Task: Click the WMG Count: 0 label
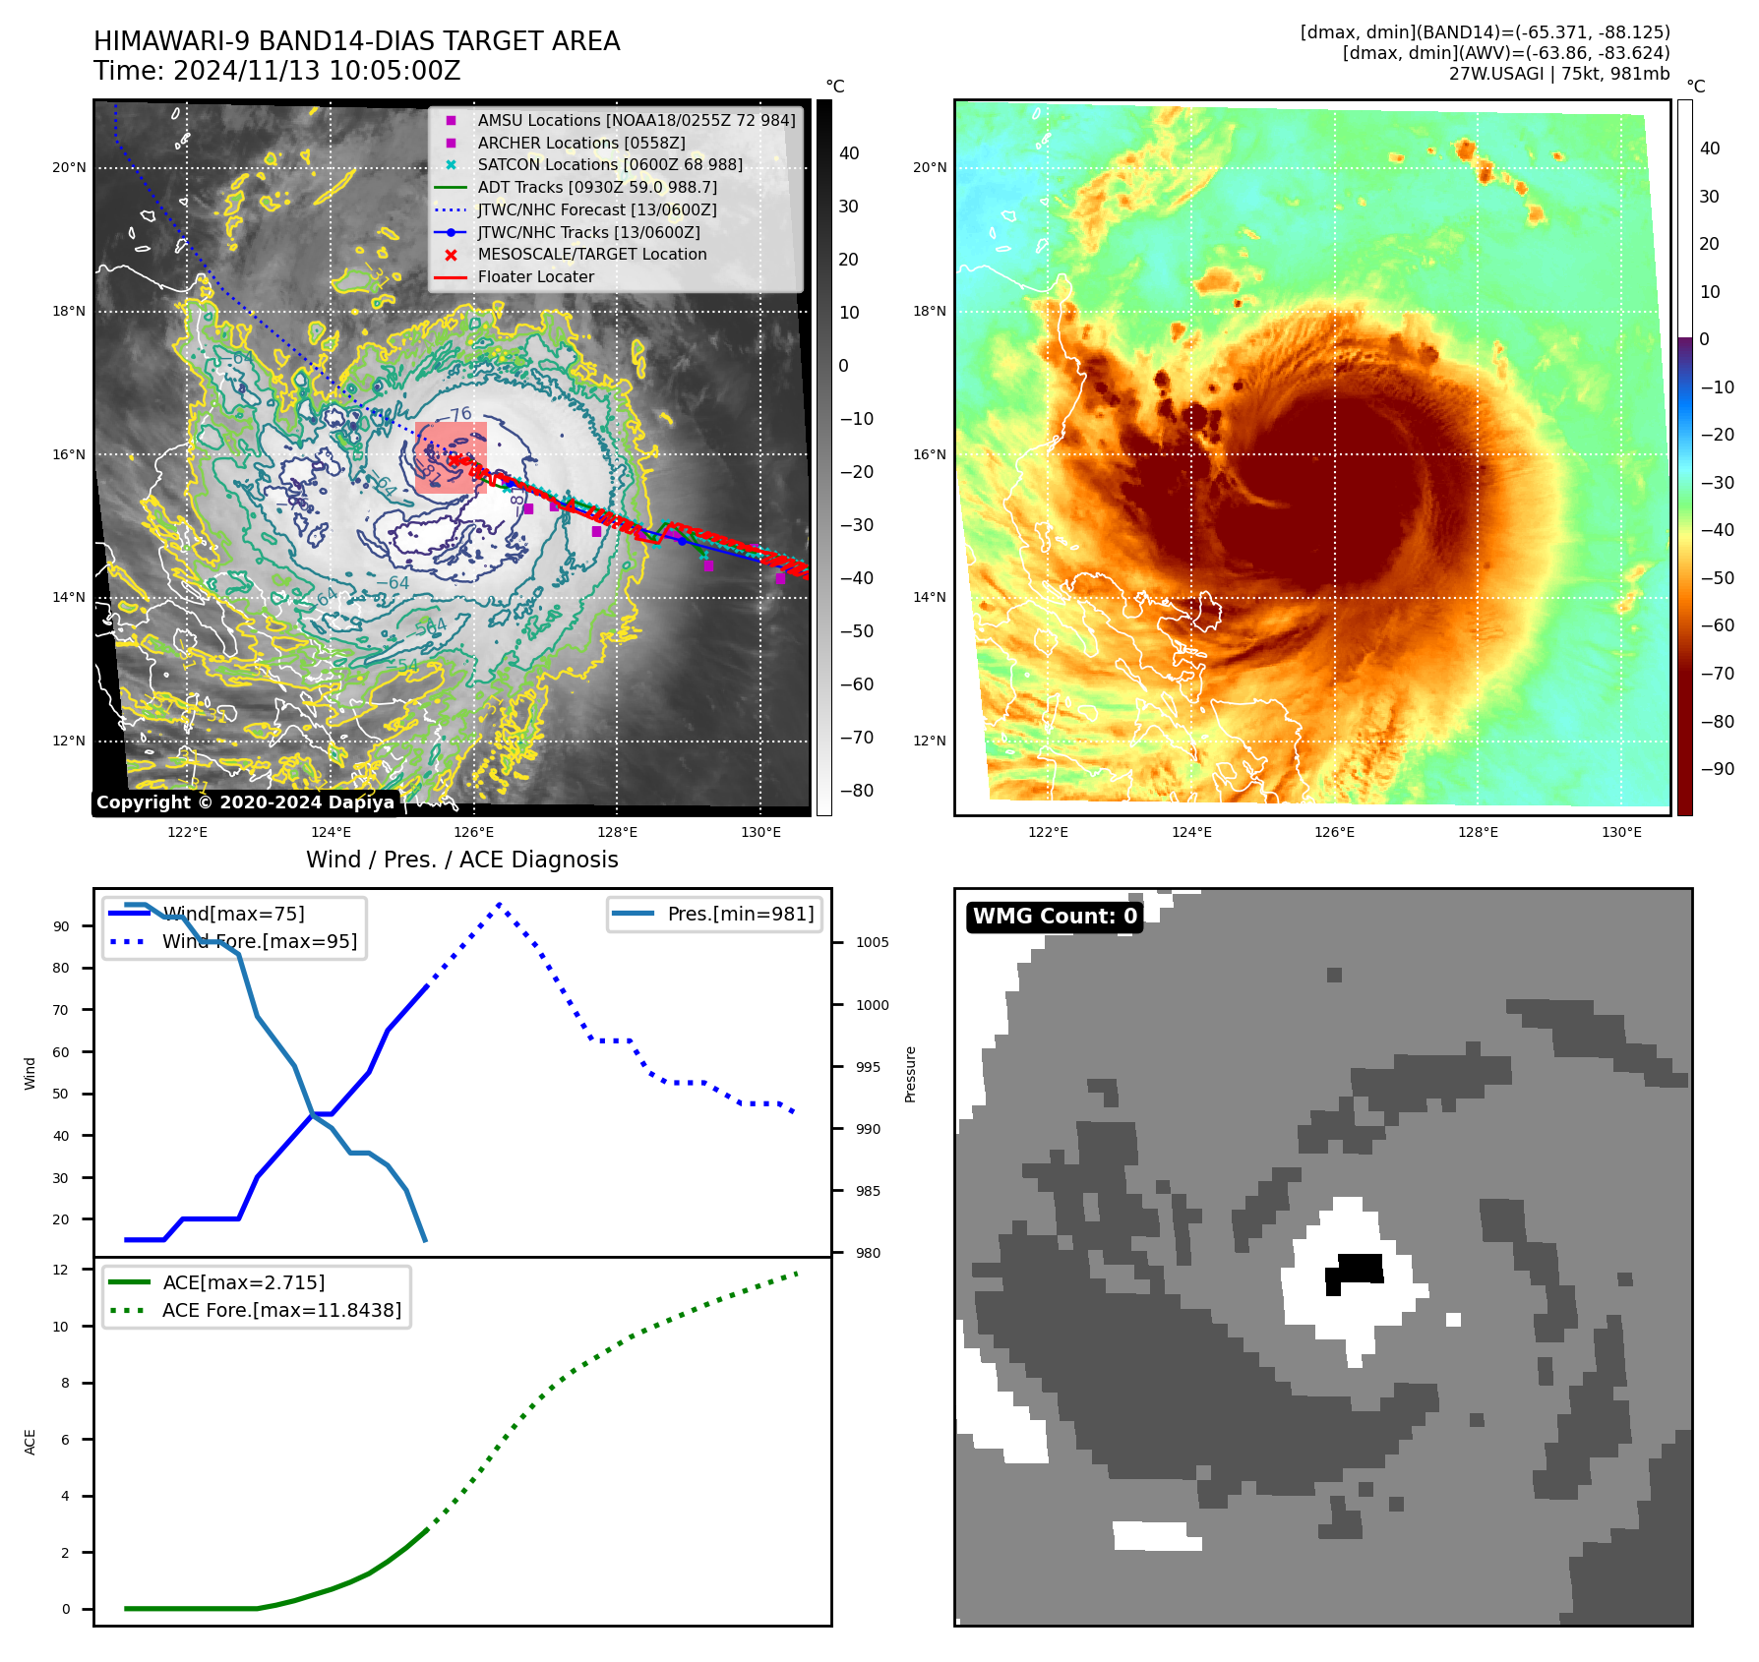pos(1055,917)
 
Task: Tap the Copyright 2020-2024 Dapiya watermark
pos(245,802)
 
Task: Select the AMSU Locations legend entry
pos(636,120)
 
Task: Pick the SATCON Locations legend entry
pos(609,164)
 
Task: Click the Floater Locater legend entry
pos(535,276)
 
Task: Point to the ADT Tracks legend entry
pos(596,187)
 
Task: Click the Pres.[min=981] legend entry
pos(740,914)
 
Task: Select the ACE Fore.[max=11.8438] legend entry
pos(281,1310)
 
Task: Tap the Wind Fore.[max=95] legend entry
pos(260,941)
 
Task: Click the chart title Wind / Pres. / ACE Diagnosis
pos(462,860)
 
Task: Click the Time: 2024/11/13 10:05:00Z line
pos(277,71)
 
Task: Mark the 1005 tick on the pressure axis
pos(872,942)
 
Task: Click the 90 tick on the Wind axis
pos(62,926)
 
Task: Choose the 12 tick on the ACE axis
pos(61,1270)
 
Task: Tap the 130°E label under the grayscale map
pos(760,832)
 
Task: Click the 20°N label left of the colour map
pos(930,168)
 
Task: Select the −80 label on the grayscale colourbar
pos(856,791)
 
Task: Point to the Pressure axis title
pos(911,1074)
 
